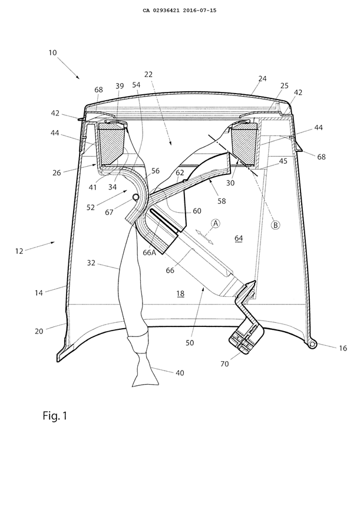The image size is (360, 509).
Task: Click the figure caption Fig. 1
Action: pyautogui.click(x=55, y=416)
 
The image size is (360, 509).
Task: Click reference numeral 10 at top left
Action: pyautogui.click(x=52, y=53)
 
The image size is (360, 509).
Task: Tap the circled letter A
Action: pyautogui.click(x=216, y=223)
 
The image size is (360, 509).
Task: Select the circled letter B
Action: pyautogui.click(x=275, y=224)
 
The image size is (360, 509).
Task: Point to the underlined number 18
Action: pyautogui.click(x=180, y=293)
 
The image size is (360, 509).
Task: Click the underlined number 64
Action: pyautogui.click(x=239, y=238)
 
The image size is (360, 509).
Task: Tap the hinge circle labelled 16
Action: pyautogui.click(x=312, y=343)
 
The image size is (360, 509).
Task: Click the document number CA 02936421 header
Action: pyautogui.click(x=180, y=10)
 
